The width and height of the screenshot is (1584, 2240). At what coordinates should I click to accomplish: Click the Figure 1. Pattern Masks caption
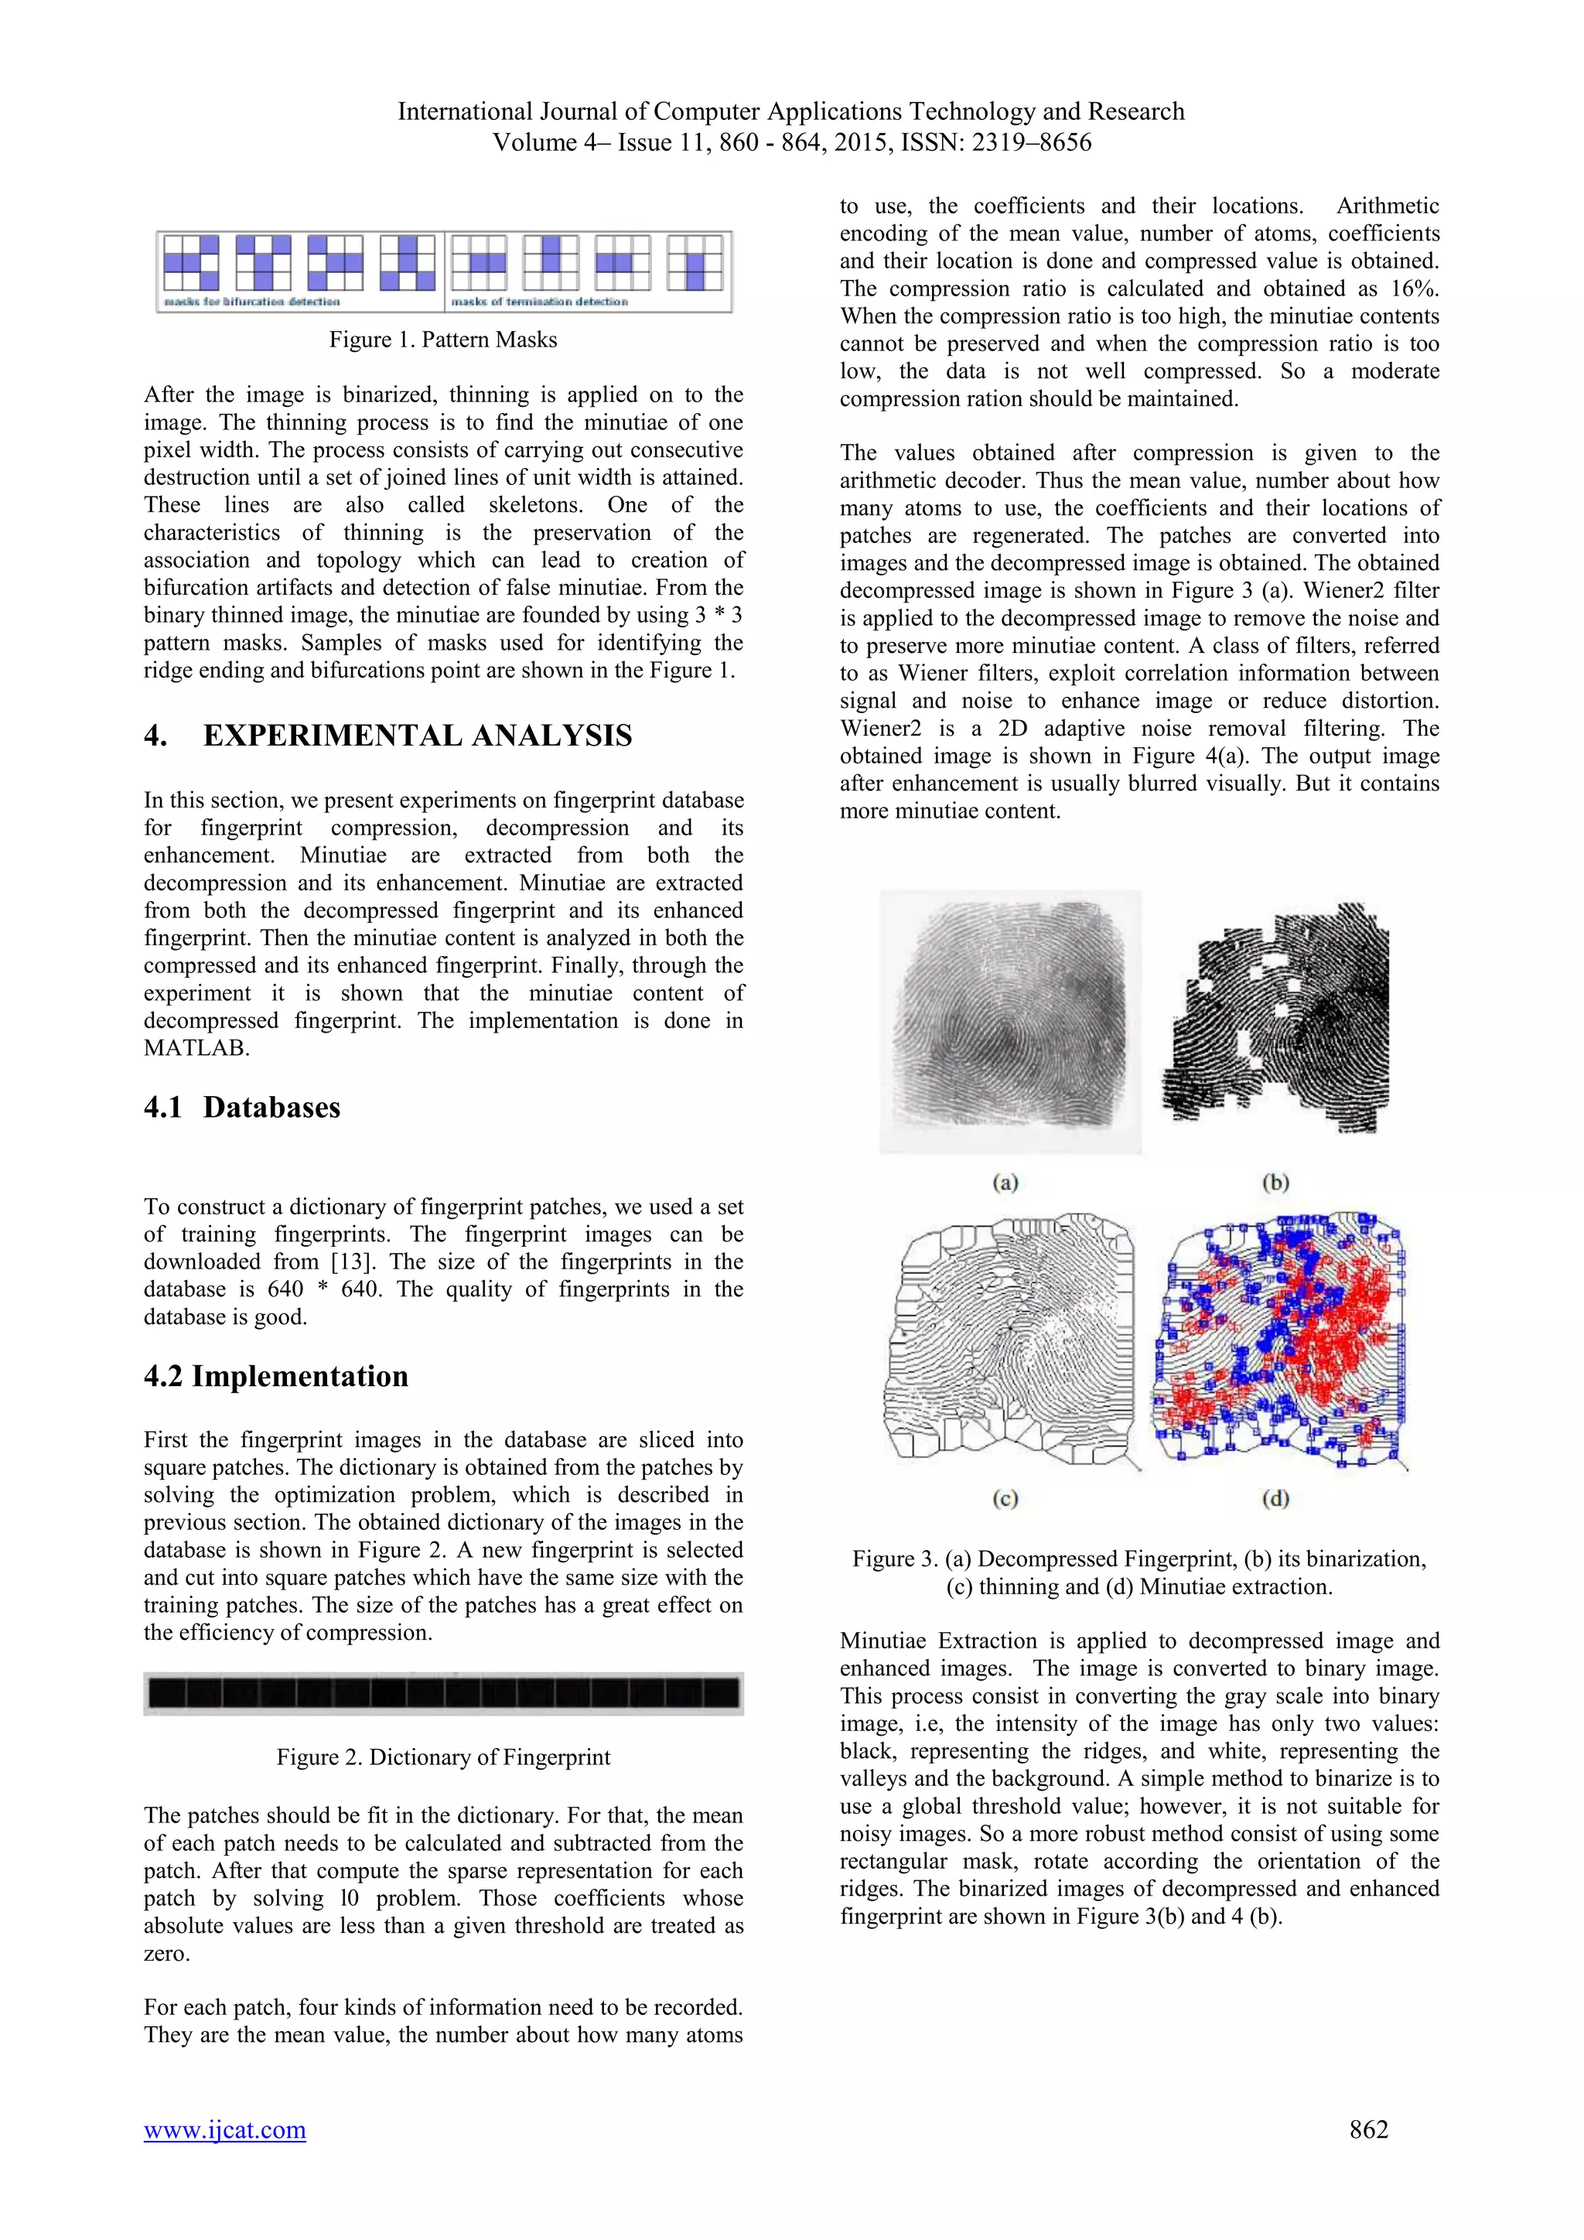pyautogui.click(x=443, y=340)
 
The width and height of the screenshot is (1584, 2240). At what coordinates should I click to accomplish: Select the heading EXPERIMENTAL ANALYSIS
pyautogui.click(x=418, y=736)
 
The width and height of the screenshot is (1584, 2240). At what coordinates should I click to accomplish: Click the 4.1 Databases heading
pyautogui.click(x=242, y=1108)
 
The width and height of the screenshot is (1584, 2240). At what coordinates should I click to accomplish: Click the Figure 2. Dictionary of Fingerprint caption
pyautogui.click(x=443, y=1757)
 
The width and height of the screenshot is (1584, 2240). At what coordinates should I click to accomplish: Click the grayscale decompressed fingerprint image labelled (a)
pyautogui.click(x=1009, y=1022)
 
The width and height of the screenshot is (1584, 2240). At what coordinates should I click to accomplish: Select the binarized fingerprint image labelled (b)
pyautogui.click(x=1275, y=1022)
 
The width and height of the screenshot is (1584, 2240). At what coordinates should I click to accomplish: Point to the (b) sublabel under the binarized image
pyautogui.click(x=1275, y=1183)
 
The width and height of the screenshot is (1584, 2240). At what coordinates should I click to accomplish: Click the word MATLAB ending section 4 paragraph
pyautogui.click(x=196, y=1049)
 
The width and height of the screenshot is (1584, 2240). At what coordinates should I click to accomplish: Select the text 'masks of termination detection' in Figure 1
pyautogui.click(x=539, y=302)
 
